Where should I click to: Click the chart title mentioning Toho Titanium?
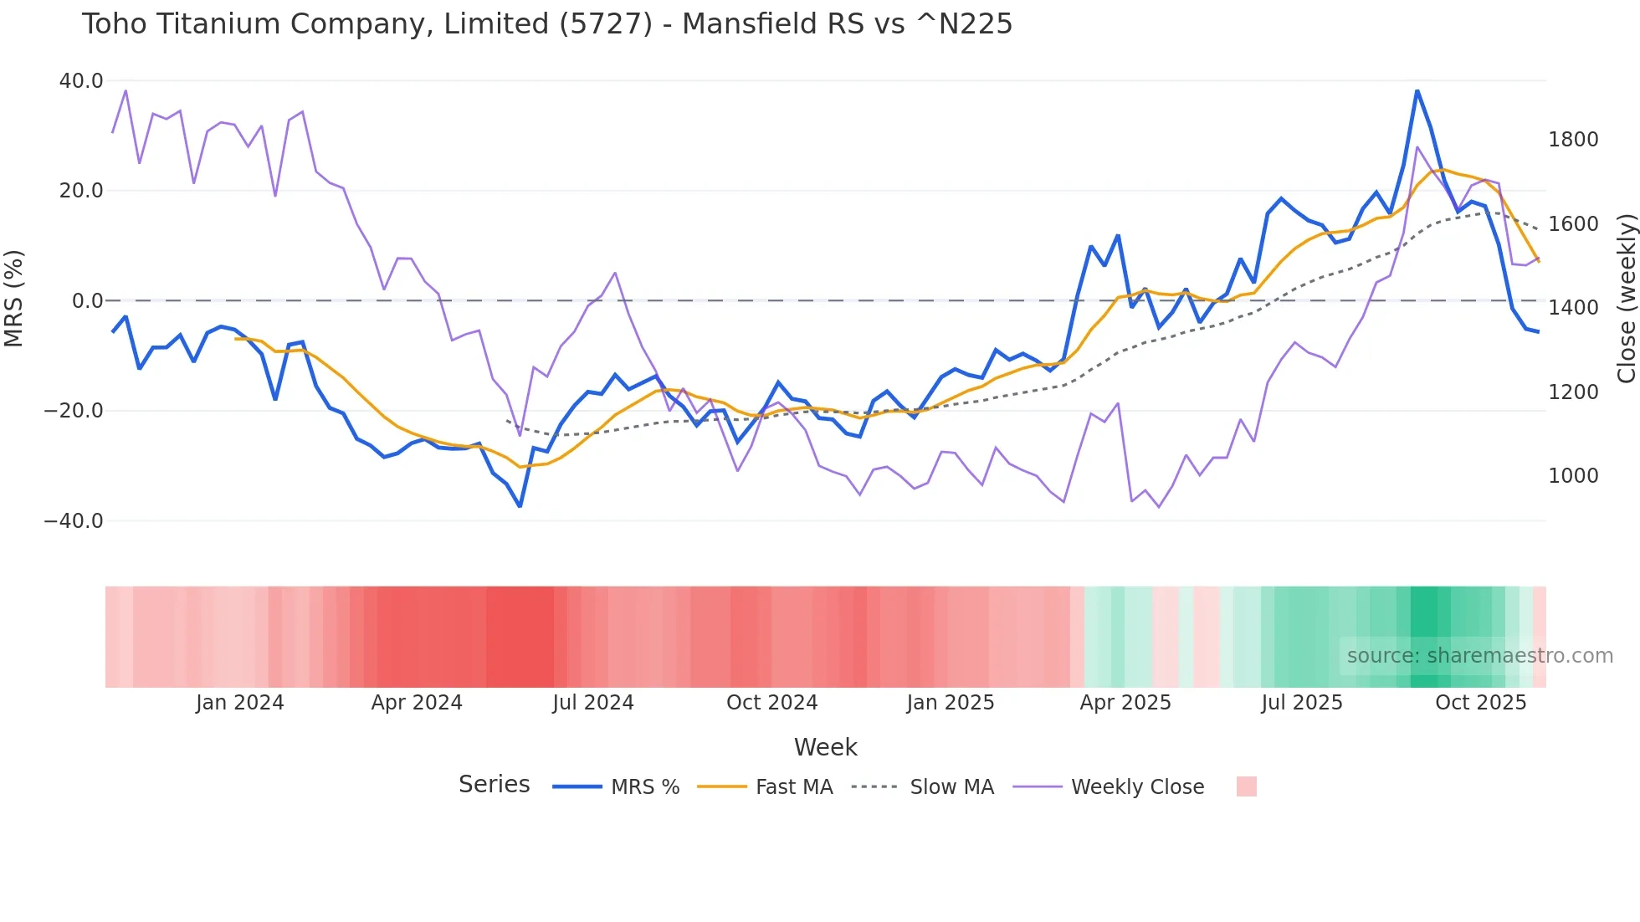click(546, 24)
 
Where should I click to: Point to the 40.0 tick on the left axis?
click(81, 81)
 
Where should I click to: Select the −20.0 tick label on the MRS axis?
click(74, 411)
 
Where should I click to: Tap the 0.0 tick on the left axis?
click(87, 301)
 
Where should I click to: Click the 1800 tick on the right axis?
click(1573, 140)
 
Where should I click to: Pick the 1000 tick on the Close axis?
click(1573, 476)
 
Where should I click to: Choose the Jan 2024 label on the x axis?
click(240, 703)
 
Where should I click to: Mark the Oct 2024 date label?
click(771, 703)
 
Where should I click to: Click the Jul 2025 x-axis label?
click(1302, 703)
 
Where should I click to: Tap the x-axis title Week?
click(825, 747)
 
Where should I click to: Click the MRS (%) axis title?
click(14, 299)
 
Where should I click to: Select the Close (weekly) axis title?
click(1626, 299)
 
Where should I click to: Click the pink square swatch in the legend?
click(1246, 786)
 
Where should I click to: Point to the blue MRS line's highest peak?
click(1417, 90)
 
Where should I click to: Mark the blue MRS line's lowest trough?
click(520, 506)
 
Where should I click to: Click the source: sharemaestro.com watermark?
click(1479, 656)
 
